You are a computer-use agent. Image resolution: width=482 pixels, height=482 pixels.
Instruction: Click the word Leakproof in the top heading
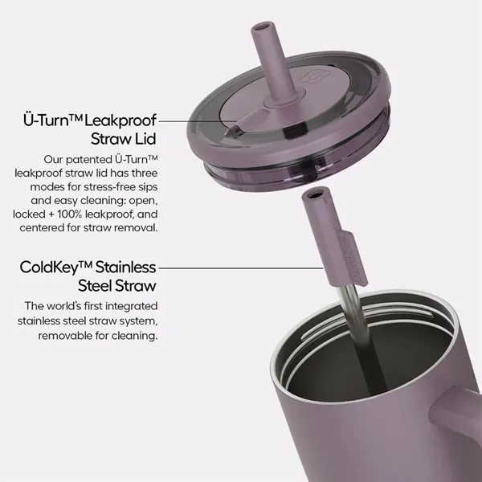120,120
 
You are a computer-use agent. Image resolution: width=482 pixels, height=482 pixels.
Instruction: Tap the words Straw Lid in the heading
124,139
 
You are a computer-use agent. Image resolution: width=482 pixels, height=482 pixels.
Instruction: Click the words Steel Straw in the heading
117,286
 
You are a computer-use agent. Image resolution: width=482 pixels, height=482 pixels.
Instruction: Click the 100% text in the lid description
69,214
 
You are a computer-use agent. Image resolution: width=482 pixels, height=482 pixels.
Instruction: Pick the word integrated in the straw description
132,307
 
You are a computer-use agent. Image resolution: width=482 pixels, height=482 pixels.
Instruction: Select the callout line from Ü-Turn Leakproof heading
198,121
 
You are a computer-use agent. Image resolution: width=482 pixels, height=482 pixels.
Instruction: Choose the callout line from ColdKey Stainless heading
241,268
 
